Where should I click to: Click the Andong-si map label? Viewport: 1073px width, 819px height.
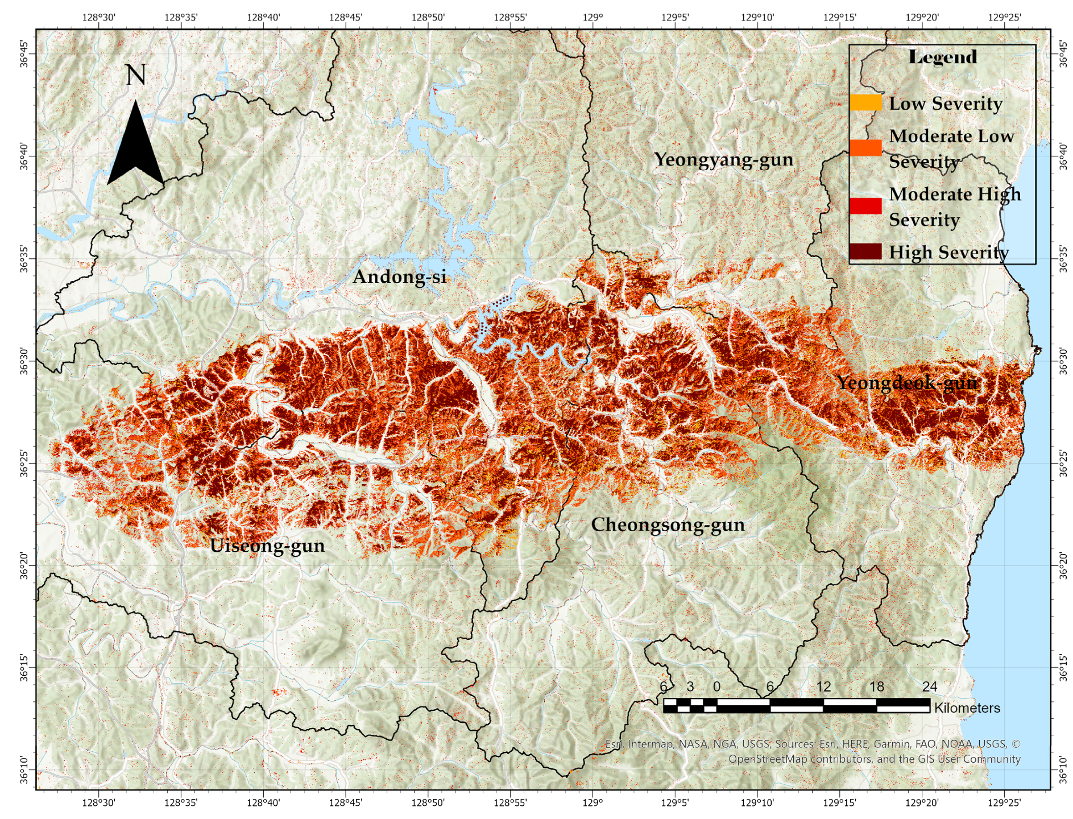[x=399, y=277]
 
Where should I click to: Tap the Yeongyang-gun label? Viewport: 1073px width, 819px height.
[x=723, y=160]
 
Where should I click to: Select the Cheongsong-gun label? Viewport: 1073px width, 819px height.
[x=668, y=525]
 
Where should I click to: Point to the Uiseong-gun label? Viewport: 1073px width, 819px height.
[x=267, y=546]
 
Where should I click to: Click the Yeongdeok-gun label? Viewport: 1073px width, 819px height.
[x=906, y=383]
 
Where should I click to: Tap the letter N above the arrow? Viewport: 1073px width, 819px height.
[x=135, y=75]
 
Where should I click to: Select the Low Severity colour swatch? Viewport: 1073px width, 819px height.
[x=865, y=103]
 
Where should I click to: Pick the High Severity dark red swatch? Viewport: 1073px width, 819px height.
[x=865, y=251]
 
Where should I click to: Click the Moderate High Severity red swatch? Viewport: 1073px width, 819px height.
[x=865, y=206]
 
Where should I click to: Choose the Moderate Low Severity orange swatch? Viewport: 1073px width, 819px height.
[x=865, y=148]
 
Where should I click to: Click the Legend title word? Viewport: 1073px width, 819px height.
[x=942, y=57]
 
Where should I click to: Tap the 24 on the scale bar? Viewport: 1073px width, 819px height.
[x=929, y=686]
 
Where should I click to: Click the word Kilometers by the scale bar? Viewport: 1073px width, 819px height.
[x=967, y=708]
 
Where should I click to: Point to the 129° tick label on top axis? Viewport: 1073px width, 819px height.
[x=593, y=17]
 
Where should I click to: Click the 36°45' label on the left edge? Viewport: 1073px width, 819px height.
[x=24, y=54]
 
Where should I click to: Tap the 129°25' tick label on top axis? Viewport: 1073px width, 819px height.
[x=1004, y=17]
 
